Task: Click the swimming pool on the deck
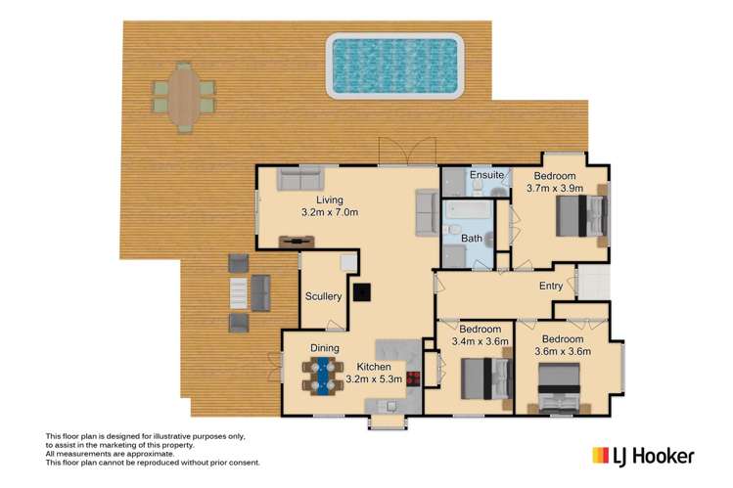click(x=395, y=66)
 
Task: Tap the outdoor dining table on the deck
click(x=184, y=97)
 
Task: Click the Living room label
click(x=330, y=200)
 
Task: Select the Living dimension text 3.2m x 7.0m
click(x=330, y=212)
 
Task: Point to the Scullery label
click(x=323, y=296)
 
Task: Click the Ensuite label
click(x=486, y=175)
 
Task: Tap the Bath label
click(x=472, y=239)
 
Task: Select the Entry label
click(x=551, y=286)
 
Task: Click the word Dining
click(x=325, y=348)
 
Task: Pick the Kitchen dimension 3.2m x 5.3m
click(x=374, y=379)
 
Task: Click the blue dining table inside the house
click(x=323, y=376)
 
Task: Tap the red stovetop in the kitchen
click(x=413, y=378)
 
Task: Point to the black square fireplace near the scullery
click(x=362, y=292)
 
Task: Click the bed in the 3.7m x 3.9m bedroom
click(x=581, y=216)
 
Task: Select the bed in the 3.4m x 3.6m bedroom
click(x=486, y=378)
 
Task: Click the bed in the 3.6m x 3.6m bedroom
click(x=559, y=388)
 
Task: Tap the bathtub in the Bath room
click(x=468, y=209)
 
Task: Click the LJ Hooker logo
click(x=643, y=457)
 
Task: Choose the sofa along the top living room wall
click(x=300, y=178)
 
